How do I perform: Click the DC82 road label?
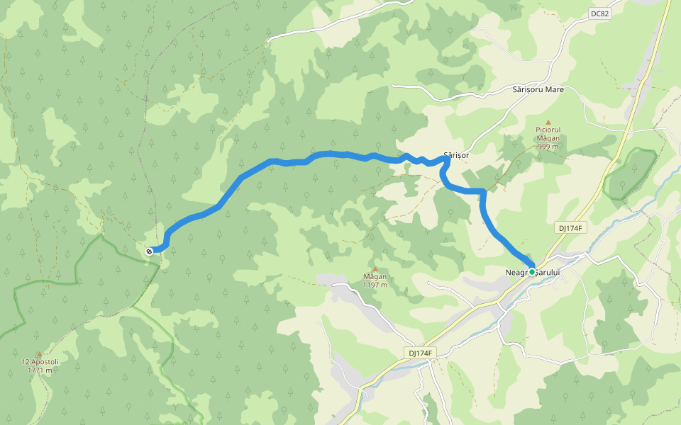(x=599, y=13)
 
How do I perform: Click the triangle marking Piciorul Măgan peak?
(x=548, y=122)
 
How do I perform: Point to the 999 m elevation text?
(x=548, y=147)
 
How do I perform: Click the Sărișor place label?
(x=456, y=154)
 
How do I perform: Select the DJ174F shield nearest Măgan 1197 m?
(x=421, y=353)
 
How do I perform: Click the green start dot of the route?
(x=532, y=271)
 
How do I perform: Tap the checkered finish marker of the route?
(x=149, y=251)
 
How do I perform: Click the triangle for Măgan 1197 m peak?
(x=375, y=268)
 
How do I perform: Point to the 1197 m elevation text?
(x=375, y=285)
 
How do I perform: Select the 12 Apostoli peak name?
(x=40, y=362)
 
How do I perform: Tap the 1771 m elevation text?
(x=40, y=370)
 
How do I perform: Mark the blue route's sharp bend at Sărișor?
(x=447, y=160)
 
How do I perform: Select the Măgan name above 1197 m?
(x=375, y=277)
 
